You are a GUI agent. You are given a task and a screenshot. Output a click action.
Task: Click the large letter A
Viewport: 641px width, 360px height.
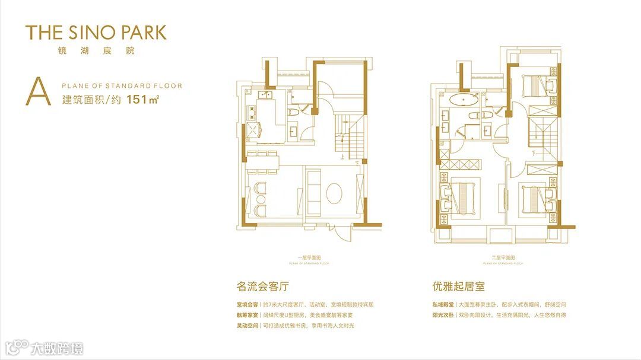(x=37, y=92)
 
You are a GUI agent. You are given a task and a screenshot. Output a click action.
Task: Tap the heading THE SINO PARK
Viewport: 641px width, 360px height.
(x=96, y=32)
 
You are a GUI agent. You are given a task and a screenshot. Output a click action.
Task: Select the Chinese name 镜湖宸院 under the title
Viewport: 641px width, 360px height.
(x=96, y=51)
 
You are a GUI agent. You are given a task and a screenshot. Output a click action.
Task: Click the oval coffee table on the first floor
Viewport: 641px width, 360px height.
(x=335, y=193)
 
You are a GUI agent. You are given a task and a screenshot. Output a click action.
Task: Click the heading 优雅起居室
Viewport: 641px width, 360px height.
(x=459, y=286)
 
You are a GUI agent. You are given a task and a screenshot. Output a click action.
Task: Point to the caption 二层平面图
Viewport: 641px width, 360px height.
(x=502, y=258)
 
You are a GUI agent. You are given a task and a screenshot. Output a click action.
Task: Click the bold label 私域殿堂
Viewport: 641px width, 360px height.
(x=443, y=304)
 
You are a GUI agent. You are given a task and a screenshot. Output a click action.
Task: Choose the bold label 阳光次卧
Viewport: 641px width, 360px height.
(x=443, y=315)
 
